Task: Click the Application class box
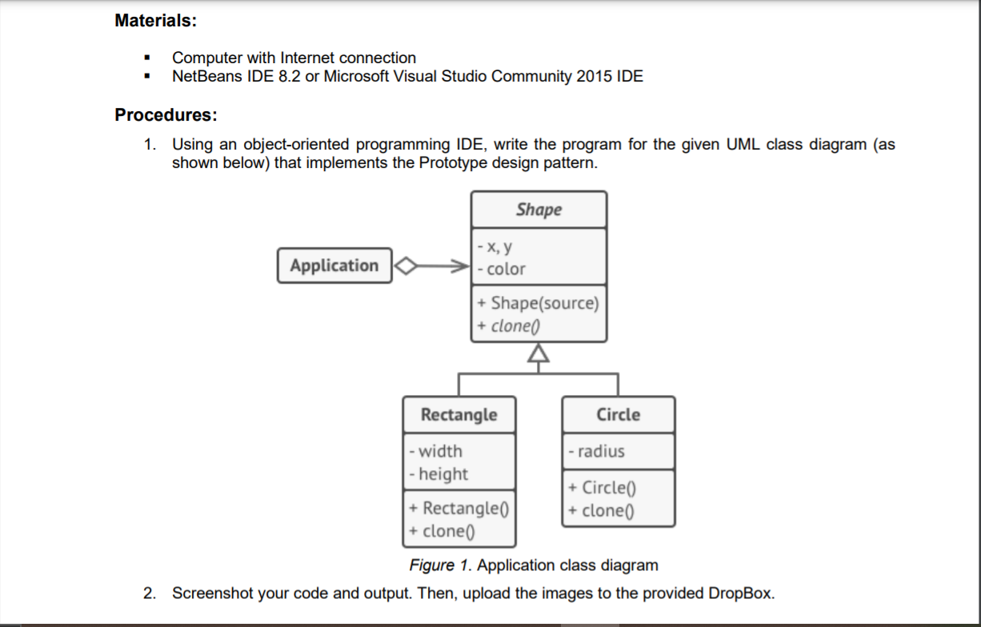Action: [x=334, y=266]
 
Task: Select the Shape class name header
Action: [x=539, y=210]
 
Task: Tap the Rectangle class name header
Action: [x=458, y=414]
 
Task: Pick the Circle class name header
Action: [x=618, y=414]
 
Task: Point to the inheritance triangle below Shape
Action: [x=539, y=353]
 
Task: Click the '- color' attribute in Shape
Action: [x=502, y=270]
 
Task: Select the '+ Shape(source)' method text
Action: [x=538, y=303]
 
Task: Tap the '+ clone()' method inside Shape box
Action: [x=509, y=325]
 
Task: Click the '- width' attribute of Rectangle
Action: [x=436, y=451]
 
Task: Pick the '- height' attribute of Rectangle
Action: [x=439, y=473]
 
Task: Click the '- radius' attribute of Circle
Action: [x=597, y=451]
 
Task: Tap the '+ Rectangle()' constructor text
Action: [x=460, y=508]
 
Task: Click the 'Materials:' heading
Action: [x=155, y=21]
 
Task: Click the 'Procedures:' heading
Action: [x=166, y=114]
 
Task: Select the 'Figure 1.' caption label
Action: [x=441, y=565]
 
